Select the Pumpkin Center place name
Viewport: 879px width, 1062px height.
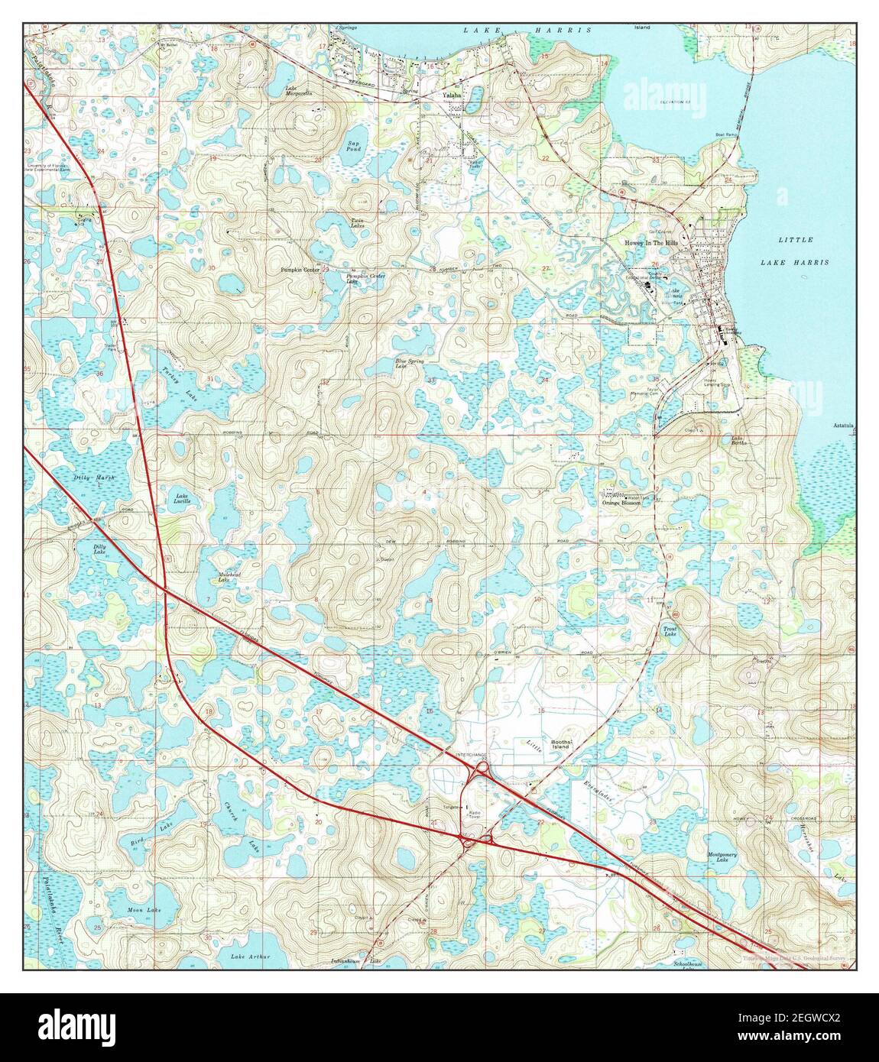pyautogui.click(x=300, y=270)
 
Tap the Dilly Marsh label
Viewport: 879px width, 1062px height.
pyautogui.click(x=94, y=478)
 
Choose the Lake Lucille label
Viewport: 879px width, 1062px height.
pyautogui.click(x=182, y=498)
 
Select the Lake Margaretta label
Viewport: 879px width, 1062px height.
pyautogui.click(x=300, y=91)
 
